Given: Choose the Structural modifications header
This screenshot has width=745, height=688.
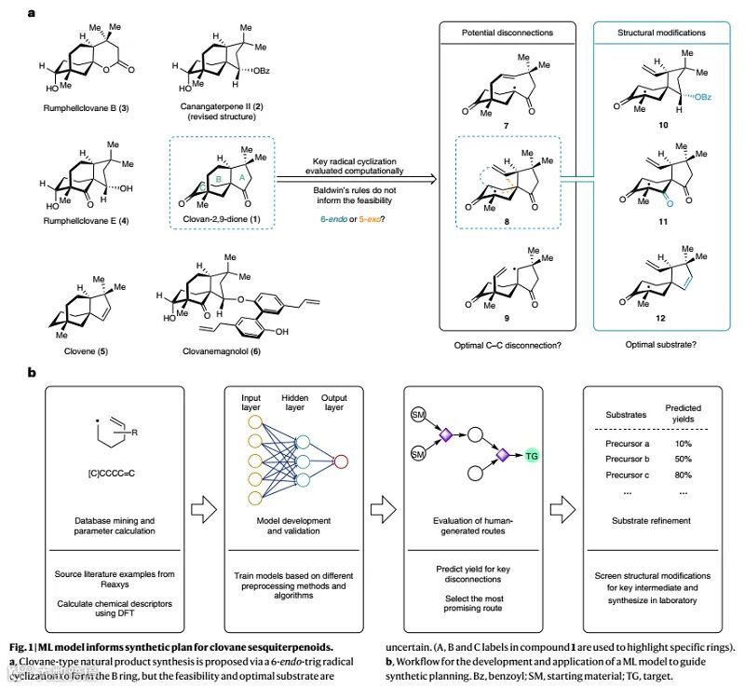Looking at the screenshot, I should (661, 32).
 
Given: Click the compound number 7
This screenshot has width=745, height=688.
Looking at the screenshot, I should (508, 125).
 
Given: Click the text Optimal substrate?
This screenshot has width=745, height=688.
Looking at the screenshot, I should (660, 343).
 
